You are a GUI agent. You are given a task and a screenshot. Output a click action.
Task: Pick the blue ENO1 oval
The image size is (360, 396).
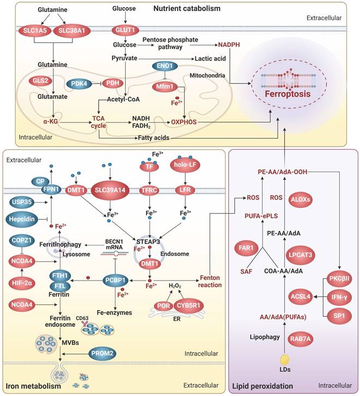tap(166, 66)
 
